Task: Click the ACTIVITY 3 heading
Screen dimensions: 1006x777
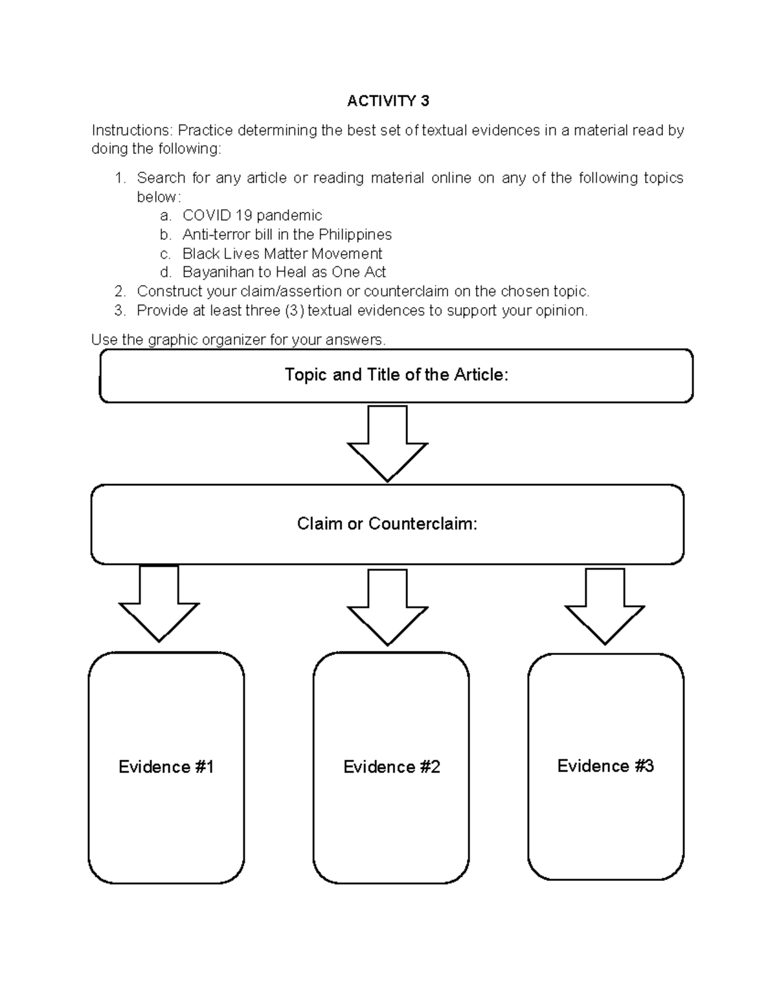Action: [388, 101]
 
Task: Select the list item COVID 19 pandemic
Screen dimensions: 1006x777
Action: [252, 216]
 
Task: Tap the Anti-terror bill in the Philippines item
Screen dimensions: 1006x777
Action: [287, 234]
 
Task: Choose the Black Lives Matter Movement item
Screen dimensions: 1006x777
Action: [282, 253]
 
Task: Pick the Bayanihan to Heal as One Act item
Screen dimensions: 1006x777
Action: [284, 272]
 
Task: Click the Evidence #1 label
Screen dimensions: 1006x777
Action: [166, 767]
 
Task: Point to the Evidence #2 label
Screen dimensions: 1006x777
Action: [391, 767]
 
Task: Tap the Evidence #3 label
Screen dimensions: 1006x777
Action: [605, 766]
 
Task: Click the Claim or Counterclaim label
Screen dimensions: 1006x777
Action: [387, 523]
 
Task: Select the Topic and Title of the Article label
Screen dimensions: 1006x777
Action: [396, 374]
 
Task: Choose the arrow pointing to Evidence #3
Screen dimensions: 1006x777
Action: [605, 606]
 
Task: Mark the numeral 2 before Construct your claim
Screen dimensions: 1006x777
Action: [118, 292]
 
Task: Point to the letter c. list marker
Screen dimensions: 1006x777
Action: [165, 253]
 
